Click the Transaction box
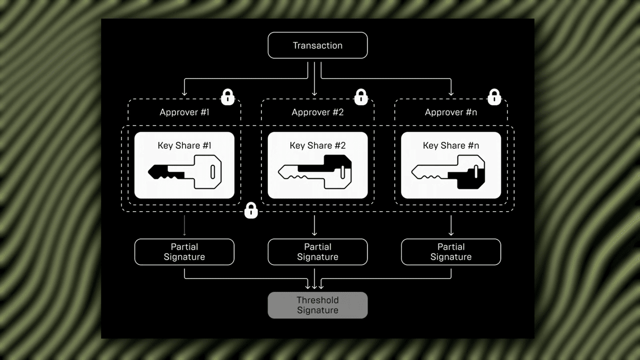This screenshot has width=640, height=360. click(x=317, y=45)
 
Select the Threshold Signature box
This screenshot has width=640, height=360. click(x=317, y=305)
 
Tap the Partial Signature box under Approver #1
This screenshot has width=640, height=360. click(x=184, y=252)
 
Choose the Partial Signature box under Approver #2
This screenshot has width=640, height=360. click(x=317, y=252)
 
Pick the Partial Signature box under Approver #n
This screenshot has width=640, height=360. click(x=451, y=252)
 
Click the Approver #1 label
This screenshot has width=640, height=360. click(x=184, y=112)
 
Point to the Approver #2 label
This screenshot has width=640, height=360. click(x=317, y=112)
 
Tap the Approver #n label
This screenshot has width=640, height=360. click(x=451, y=112)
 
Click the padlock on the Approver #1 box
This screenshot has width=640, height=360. click(x=228, y=97)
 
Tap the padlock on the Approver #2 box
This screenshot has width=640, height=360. click(x=361, y=97)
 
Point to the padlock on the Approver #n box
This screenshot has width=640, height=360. click(x=494, y=97)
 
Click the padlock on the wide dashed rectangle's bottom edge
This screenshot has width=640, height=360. click(x=251, y=211)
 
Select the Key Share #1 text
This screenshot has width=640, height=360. click(x=184, y=146)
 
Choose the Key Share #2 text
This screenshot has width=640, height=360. click(x=317, y=146)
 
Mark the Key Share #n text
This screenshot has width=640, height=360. click(x=451, y=146)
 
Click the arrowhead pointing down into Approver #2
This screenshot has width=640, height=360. click(x=315, y=94)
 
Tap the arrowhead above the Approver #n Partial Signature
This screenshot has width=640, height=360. click(x=451, y=233)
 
